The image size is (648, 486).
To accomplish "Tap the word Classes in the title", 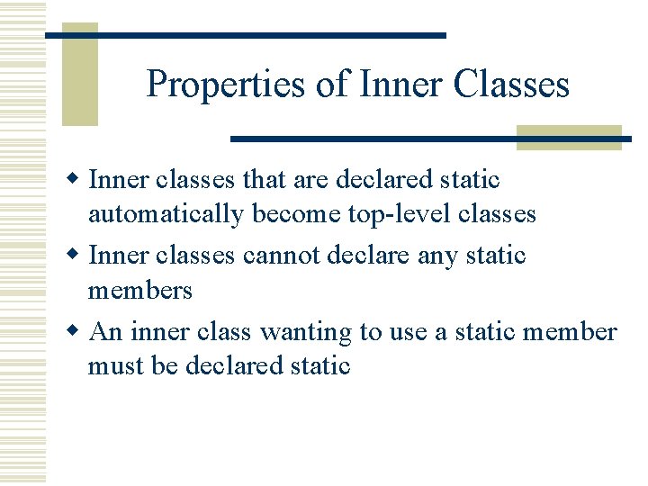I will tap(511, 85).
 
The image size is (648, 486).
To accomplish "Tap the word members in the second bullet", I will tap(139, 291).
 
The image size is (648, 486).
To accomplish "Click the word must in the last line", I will tap(112, 366).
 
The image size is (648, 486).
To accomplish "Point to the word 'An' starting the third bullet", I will tap(106, 332).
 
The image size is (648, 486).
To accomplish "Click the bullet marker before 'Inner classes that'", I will tap(76, 179).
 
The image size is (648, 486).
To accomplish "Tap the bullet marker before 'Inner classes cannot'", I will tap(76, 255).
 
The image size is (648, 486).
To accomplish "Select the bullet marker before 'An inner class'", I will tap(76, 331).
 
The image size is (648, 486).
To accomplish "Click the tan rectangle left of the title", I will tap(79, 76).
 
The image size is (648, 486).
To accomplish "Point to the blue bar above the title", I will tap(245, 35).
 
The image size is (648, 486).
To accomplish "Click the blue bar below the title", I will tap(430, 139).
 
